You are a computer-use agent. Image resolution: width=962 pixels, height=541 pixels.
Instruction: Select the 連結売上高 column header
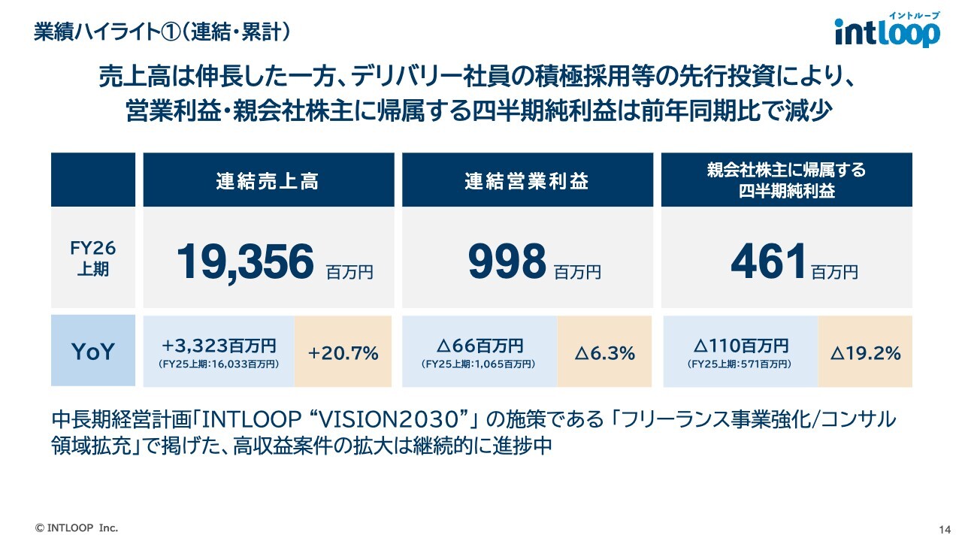tap(268, 181)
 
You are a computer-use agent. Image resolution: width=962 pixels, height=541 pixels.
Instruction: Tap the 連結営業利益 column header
tap(527, 181)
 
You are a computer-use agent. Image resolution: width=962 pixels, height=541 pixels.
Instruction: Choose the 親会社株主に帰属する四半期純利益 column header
tap(786, 180)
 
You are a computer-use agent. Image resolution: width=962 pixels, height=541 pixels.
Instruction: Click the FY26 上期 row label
tap(93, 258)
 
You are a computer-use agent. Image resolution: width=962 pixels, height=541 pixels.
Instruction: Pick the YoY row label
tap(93, 352)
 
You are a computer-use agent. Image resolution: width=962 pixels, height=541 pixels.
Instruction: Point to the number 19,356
tap(245, 262)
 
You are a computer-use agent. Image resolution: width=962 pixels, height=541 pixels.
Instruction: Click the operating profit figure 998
tap(507, 262)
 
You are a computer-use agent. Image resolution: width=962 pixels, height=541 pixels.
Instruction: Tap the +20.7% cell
tap(343, 352)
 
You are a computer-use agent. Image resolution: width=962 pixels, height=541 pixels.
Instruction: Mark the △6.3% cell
tap(604, 352)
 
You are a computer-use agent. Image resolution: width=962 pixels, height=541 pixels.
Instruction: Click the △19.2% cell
tap(865, 352)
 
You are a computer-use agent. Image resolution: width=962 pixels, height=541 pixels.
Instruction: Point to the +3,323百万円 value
tap(219, 346)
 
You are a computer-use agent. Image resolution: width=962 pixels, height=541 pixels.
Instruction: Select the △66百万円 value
tap(479, 346)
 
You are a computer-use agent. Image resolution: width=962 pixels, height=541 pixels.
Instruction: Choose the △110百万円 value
tap(740, 346)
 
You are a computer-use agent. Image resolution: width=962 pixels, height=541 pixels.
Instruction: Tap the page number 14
tap(945, 528)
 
